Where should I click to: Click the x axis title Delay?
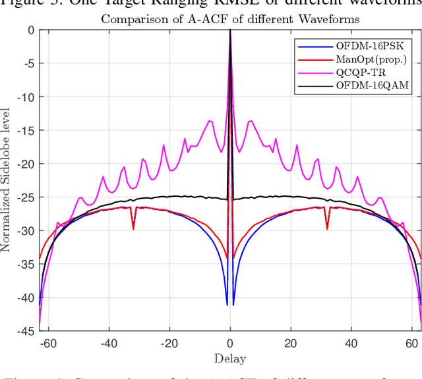click(x=230, y=359)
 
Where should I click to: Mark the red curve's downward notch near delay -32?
click(x=133, y=228)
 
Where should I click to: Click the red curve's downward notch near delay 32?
click(x=327, y=228)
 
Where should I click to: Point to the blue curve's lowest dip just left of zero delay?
click(x=227, y=304)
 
